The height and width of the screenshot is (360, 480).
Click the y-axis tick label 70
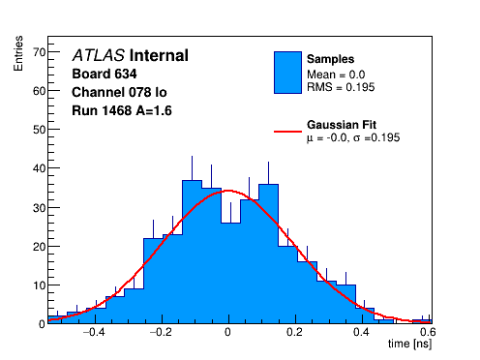tap(40, 52)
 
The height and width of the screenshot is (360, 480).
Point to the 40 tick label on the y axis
tap(40, 168)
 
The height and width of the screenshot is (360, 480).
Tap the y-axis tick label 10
tap(40, 285)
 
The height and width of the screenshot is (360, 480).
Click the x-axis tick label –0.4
tap(94, 332)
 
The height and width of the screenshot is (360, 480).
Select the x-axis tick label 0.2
tap(294, 332)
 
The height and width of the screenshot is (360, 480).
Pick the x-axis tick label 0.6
tap(428, 332)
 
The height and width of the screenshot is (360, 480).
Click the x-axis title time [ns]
tap(409, 344)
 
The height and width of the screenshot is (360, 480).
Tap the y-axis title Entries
tap(18, 53)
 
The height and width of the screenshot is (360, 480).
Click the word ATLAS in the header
tap(99, 55)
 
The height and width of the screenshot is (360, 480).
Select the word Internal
tap(159, 55)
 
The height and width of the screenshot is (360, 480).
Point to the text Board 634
tap(105, 74)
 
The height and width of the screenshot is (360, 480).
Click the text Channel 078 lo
tap(119, 93)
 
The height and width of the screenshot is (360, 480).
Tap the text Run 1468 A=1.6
tap(122, 111)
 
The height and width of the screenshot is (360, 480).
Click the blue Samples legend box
tap(287, 73)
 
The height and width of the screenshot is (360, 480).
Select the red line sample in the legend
tap(287, 132)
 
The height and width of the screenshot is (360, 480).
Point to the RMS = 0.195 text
tap(341, 87)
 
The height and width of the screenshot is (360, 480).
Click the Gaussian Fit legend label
tap(342, 125)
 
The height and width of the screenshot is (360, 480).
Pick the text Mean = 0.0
tap(336, 75)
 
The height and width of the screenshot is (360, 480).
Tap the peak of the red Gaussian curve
tap(228, 191)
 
